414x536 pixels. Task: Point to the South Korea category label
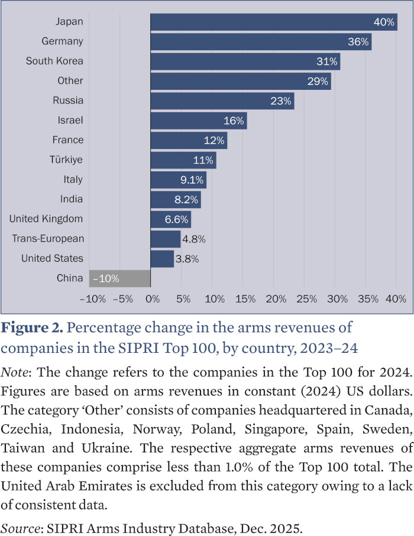54,61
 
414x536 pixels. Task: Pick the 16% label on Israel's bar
234,121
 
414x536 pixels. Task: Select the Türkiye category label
66,160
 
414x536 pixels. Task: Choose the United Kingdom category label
46,219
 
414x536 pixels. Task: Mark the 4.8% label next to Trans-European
194,239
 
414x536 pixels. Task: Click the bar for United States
162,259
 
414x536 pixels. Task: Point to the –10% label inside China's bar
106,278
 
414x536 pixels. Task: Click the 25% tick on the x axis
306,299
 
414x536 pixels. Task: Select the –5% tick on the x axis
121,299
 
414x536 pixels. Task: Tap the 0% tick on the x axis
153,299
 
